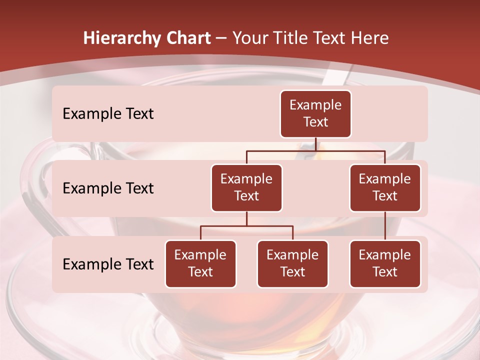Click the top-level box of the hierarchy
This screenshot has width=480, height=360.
tap(315, 114)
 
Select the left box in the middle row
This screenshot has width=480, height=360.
tap(246, 188)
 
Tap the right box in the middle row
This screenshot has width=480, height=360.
tap(385, 188)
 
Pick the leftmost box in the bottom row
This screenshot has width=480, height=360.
tap(200, 264)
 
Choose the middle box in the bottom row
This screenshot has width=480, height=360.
tap(292, 264)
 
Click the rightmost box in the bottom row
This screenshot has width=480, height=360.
tap(385, 264)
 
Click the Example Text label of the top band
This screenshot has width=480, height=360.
tap(108, 114)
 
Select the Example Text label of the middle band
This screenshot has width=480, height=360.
tap(108, 188)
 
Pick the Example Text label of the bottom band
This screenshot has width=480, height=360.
tap(108, 264)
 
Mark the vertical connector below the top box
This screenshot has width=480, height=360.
tap(315, 144)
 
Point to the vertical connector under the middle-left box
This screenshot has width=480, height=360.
tap(246, 218)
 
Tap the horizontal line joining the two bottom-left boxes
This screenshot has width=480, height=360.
tap(246, 226)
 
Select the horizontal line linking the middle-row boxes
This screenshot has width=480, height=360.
tap(315, 150)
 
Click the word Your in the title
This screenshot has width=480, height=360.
tap(248, 38)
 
